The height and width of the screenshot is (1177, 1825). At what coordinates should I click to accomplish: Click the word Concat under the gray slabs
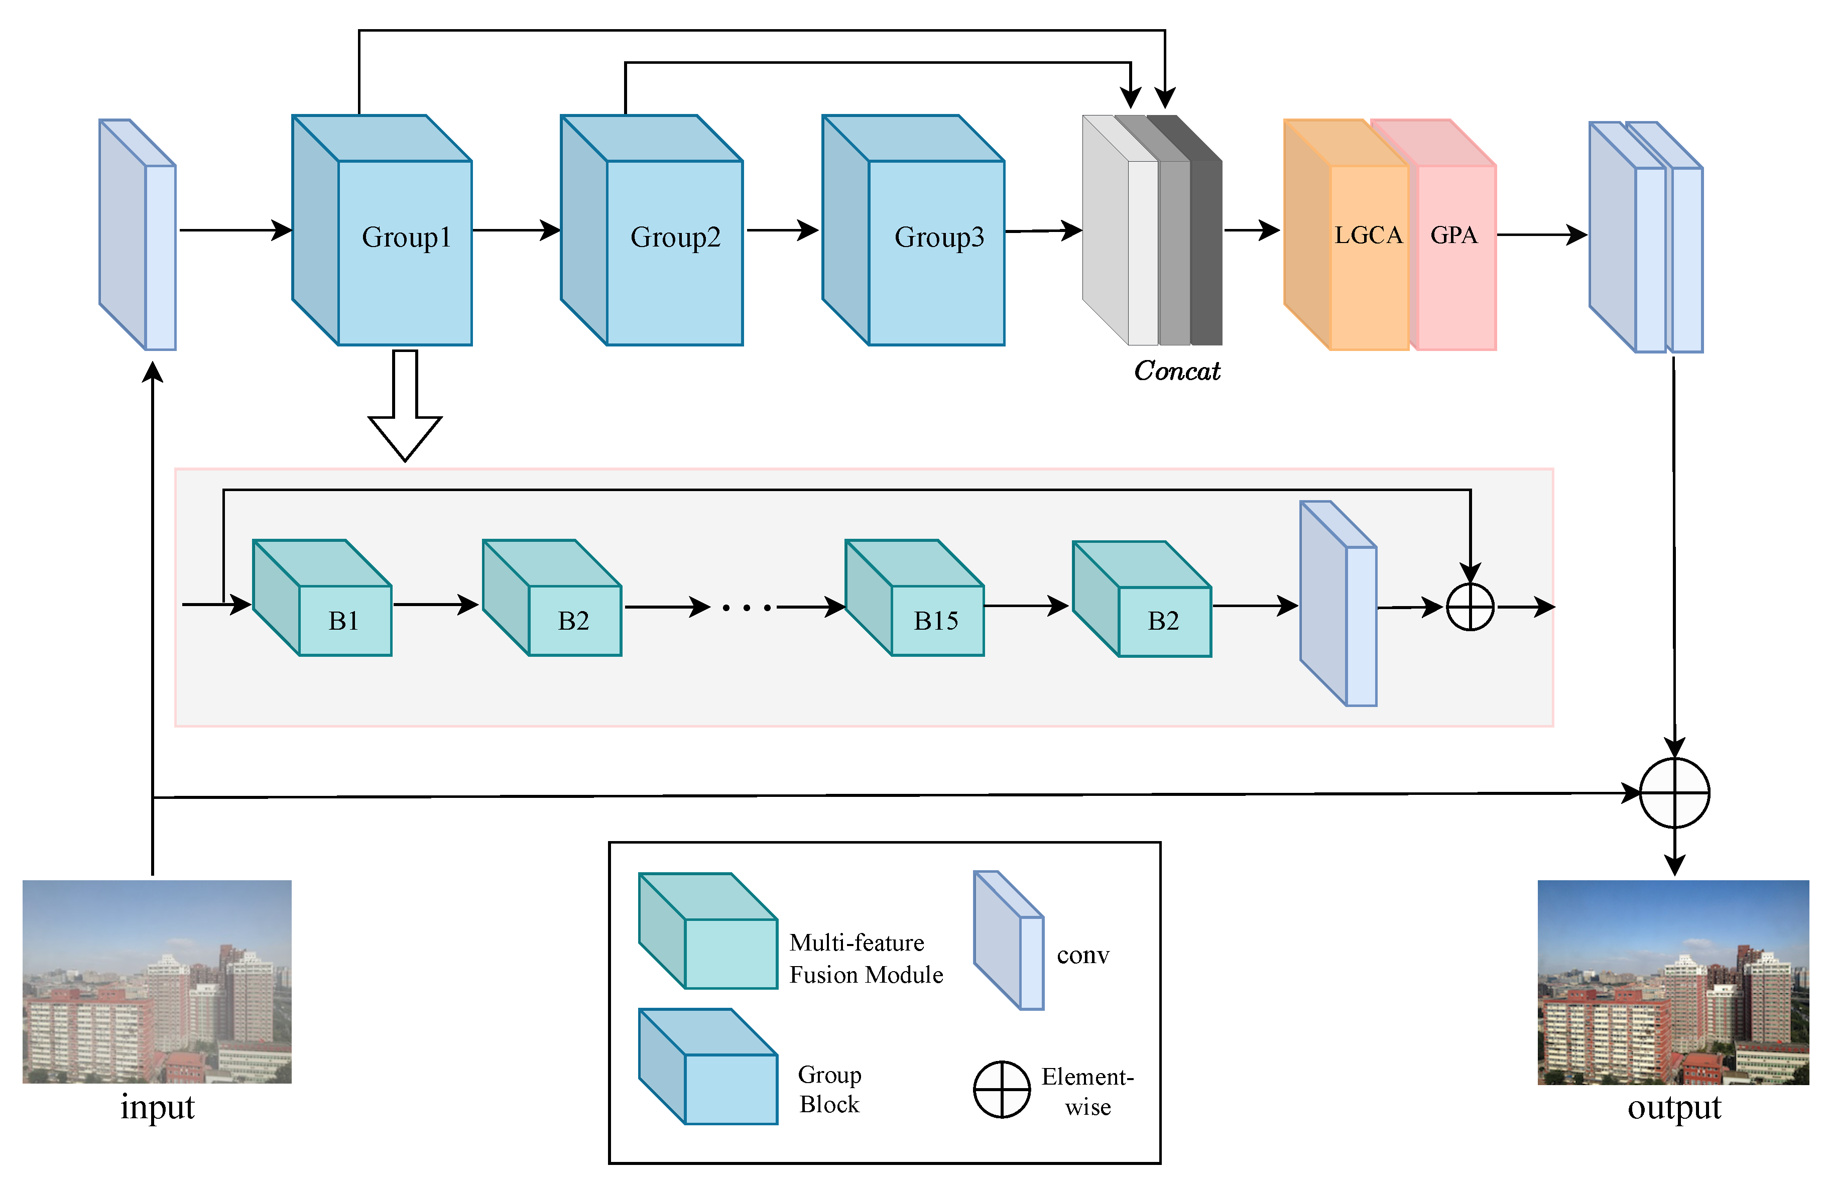pyautogui.click(x=1176, y=371)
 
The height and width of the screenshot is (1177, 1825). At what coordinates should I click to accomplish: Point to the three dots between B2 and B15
pyautogui.click(x=747, y=608)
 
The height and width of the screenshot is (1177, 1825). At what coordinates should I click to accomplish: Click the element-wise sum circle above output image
pyautogui.click(x=1674, y=792)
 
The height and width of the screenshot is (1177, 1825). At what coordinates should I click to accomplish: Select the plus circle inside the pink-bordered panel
pyautogui.click(x=1470, y=607)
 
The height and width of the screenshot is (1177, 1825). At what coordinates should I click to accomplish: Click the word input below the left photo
pyautogui.click(x=158, y=1107)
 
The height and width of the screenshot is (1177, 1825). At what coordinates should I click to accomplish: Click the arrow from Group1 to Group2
pyautogui.click(x=516, y=229)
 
